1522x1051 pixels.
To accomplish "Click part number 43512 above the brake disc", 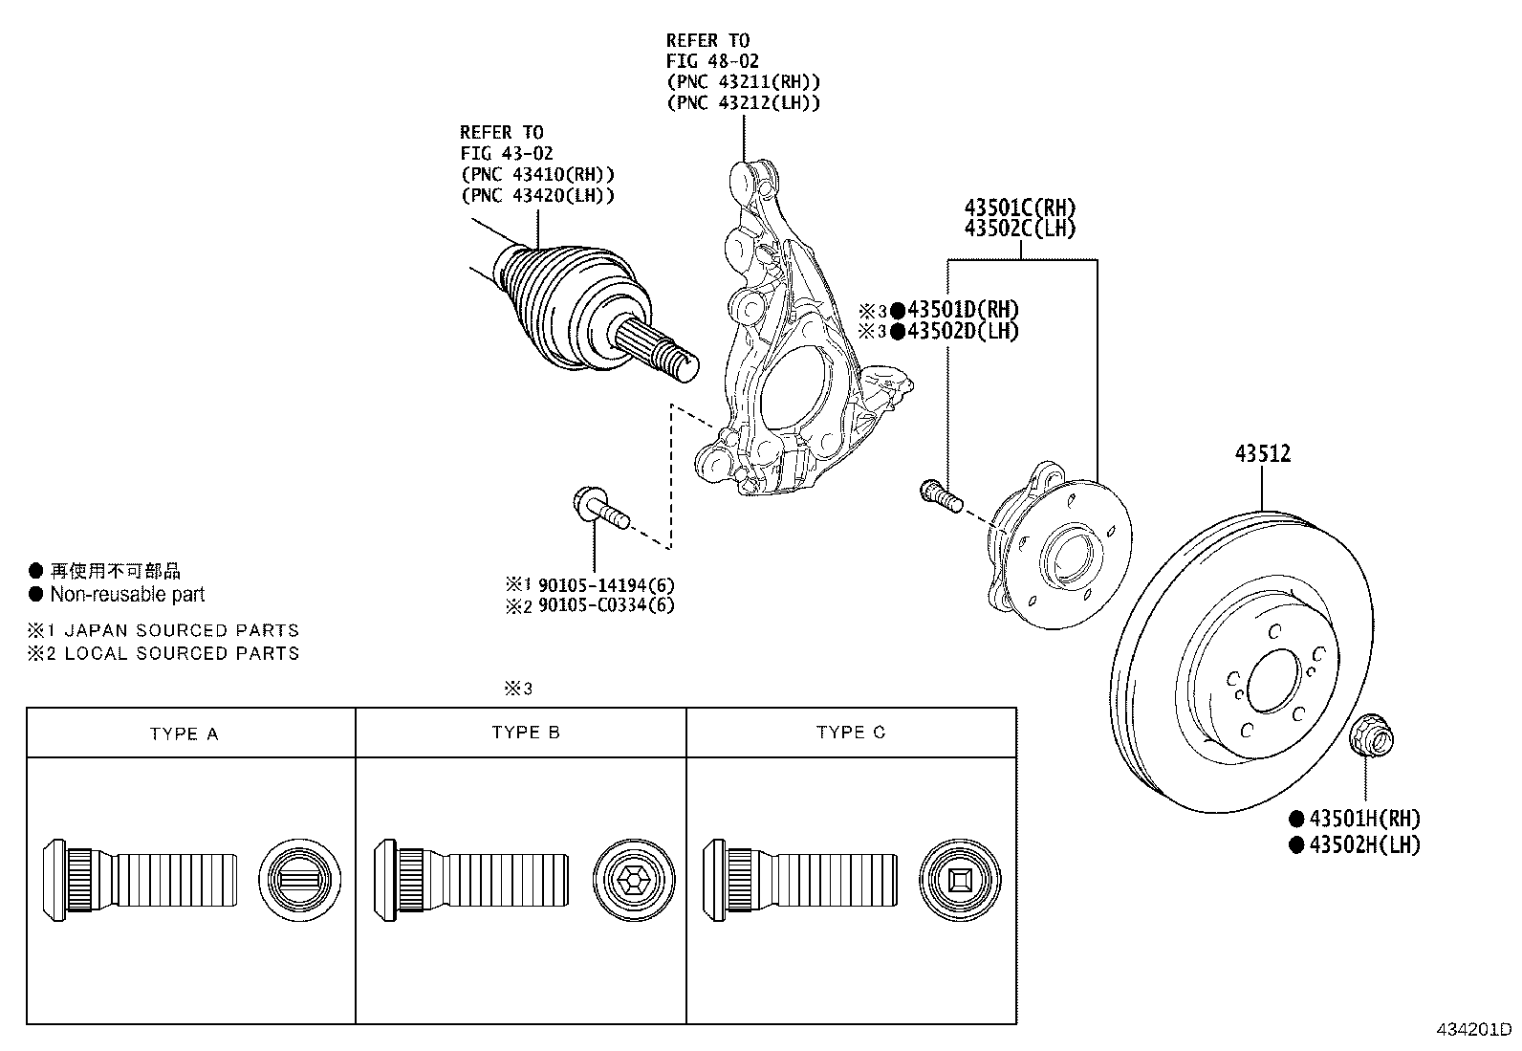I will pos(1262,454).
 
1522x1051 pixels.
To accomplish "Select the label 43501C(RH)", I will pos(1019,208).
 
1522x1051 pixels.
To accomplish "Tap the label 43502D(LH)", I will pos(962,331).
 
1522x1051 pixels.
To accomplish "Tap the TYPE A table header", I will pos(184,734).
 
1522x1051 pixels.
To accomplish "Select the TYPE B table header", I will pos(526,733).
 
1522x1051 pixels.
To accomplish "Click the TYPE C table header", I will pos(851,733).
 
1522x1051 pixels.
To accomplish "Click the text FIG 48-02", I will pos(713,61).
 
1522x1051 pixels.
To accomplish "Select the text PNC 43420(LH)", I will pos(537,195).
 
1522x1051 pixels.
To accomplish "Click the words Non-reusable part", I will pos(127,595).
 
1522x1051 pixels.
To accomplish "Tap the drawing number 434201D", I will pos(1473,1031).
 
